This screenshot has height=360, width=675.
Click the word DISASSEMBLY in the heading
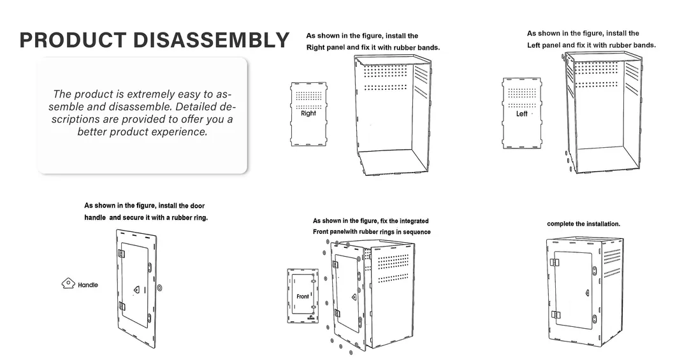pos(211,40)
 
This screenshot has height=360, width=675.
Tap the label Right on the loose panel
pos(308,113)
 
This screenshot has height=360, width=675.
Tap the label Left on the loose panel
pos(522,113)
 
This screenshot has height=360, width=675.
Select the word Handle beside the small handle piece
pos(88,285)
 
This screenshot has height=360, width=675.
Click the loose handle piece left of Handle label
pos(68,283)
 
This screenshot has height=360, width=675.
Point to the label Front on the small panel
pos(303,296)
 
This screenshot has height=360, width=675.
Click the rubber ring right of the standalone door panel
pos(160,287)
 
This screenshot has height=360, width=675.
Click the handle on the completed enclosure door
pos(587,293)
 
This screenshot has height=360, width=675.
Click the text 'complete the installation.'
pos(583,224)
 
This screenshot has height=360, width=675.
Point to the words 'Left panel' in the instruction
pos(544,45)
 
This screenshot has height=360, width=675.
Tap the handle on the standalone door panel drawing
pos(136,289)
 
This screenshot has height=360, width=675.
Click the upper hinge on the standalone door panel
pos(122,254)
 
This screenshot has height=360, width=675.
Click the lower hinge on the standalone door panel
pos(122,306)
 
